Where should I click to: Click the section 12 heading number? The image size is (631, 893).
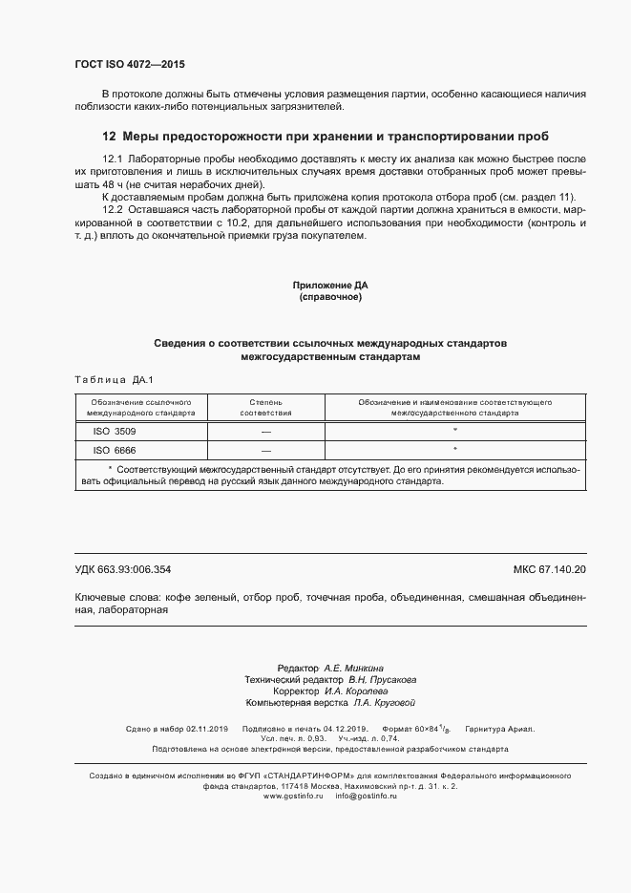coord(109,136)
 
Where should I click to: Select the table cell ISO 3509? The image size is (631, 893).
coord(114,431)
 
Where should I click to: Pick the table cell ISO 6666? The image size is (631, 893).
coord(114,449)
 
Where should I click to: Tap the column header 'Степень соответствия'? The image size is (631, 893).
coord(265,408)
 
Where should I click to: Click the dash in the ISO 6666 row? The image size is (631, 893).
coord(265,449)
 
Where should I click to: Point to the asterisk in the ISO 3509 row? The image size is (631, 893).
coord(454,431)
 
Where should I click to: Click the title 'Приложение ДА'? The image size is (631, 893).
coord(330,286)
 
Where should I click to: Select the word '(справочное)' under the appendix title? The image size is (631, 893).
coord(330,297)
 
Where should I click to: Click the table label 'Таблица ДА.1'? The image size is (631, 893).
coord(107,379)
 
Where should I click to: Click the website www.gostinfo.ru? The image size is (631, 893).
coord(293,795)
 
